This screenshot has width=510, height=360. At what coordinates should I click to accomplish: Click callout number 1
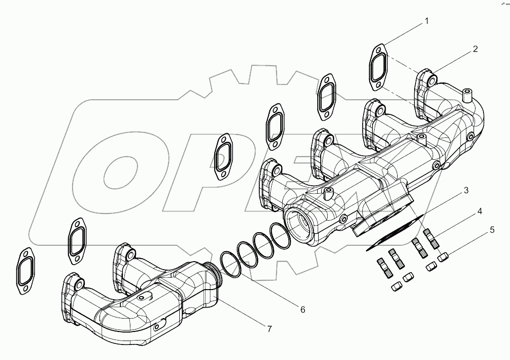(426, 21)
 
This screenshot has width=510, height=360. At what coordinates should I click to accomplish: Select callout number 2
(475, 49)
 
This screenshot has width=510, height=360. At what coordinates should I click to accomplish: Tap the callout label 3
(465, 191)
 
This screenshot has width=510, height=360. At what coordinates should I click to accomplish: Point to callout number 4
(479, 211)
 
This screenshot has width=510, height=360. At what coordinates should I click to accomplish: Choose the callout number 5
(492, 230)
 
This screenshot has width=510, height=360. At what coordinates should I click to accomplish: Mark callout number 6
(302, 310)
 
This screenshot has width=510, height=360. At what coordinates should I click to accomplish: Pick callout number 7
(269, 329)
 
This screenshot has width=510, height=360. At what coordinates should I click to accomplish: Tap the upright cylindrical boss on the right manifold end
(468, 95)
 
